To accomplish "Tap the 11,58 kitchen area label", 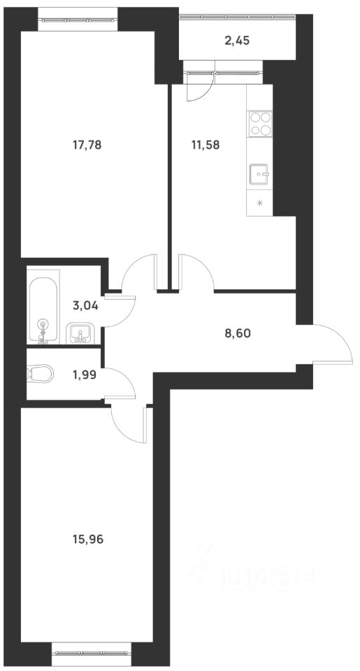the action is point(206,145).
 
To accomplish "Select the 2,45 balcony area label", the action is point(237,41).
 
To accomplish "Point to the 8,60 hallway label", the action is point(238,333).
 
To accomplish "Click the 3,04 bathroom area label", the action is point(86,305).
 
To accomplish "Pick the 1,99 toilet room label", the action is point(85,375).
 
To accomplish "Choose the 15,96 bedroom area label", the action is point(89,539).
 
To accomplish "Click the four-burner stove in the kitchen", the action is point(260,124).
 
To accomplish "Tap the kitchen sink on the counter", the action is point(259,174).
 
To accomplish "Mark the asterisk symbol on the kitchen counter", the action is point(259,203).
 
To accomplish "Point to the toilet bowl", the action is point(40,373).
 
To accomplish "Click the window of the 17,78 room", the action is point(78,20).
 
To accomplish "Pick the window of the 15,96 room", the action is point(92,654).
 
